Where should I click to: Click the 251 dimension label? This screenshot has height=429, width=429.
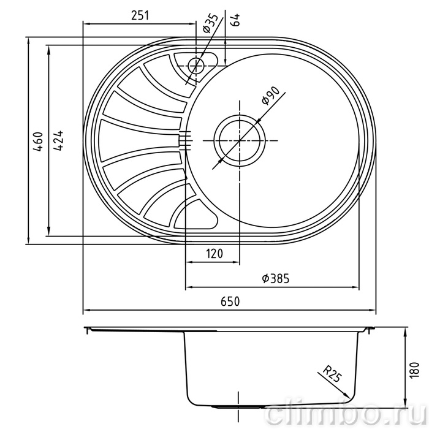(140, 15)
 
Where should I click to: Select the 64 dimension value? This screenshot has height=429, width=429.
(235, 20)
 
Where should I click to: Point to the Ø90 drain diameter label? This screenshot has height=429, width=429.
(271, 96)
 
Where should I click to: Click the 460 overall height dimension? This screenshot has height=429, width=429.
(38, 142)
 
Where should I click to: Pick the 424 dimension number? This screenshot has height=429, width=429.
(58, 140)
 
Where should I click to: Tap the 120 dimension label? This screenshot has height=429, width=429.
(214, 254)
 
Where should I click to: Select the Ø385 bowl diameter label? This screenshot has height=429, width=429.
(275, 279)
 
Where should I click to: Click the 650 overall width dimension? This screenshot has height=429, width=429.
(230, 302)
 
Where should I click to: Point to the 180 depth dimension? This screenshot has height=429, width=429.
(415, 370)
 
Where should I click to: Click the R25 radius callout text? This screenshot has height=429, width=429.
(332, 373)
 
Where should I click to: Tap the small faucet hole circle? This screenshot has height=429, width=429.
(196, 66)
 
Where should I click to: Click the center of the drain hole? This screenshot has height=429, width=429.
(239, 140)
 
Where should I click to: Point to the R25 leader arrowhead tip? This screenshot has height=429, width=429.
(350, 398)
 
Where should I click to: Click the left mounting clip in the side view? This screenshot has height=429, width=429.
(88, 330)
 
